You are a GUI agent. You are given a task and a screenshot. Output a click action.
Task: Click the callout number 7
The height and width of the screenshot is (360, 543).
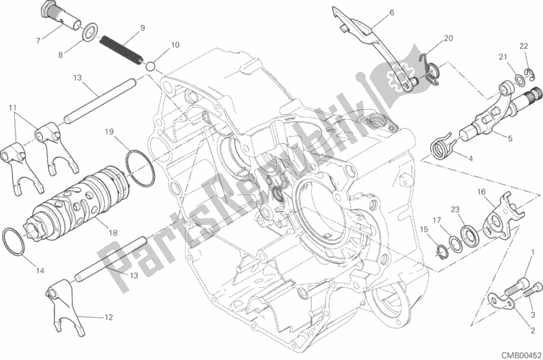[38, 41]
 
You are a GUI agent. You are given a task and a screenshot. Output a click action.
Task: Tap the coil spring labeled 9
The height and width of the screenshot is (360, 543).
[121, 51]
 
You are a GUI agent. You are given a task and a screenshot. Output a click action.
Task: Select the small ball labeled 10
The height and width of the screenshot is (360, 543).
[150, 66]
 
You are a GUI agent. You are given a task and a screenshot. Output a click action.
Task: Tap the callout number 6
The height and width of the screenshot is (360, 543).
[391, 13]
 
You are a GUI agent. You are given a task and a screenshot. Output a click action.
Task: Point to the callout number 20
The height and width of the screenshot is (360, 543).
[449, 38]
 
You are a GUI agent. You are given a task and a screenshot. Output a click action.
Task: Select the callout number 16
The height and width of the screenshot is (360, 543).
[481, 192]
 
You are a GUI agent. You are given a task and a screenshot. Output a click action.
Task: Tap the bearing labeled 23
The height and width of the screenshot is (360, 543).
[470, 236]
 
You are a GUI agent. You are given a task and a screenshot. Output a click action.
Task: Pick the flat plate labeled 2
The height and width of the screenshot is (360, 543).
[501, 300]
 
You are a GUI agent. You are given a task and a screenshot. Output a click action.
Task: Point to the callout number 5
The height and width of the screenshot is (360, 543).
[510, 139]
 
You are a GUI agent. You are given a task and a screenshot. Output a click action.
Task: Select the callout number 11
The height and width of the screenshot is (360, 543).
[13, 108]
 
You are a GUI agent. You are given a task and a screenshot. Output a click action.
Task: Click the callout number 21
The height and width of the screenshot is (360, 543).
[503, 57]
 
